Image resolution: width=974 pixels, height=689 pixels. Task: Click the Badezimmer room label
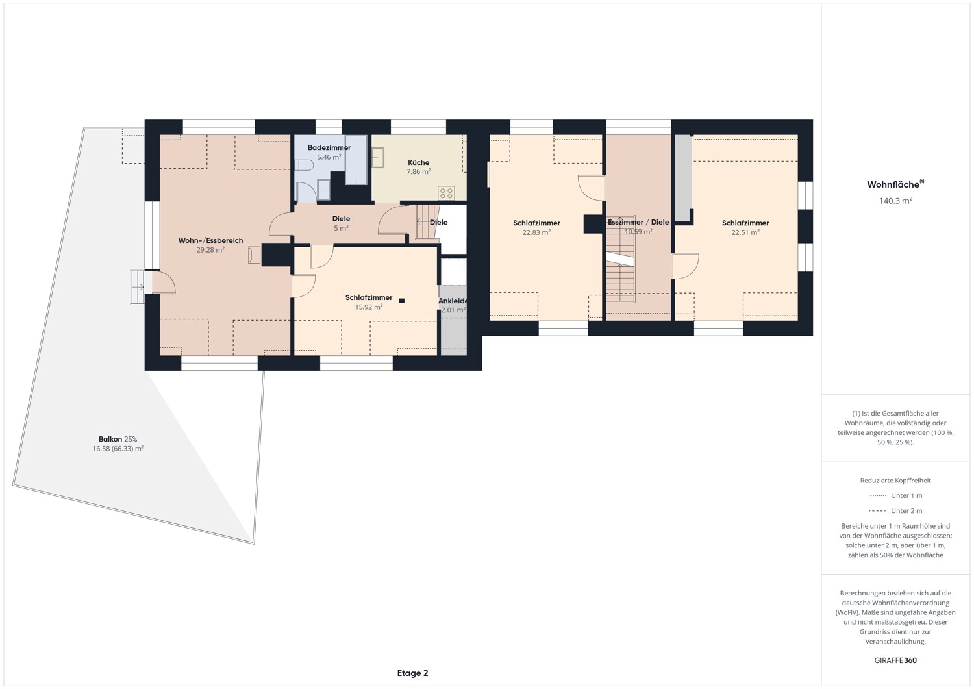coord(329,148)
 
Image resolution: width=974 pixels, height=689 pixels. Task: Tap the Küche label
coord(418,163)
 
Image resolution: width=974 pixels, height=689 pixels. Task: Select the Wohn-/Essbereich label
coord(210,240)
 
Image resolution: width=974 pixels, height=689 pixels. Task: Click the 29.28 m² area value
coord(210,249)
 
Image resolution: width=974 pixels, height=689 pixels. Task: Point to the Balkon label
coord(111,440)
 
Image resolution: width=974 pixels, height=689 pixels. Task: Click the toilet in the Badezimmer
coord(304,166)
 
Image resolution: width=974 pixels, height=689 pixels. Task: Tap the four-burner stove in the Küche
coord(446,193)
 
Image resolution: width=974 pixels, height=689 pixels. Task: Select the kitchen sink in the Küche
coord(378,157)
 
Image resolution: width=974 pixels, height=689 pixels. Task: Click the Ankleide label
coord(453,301)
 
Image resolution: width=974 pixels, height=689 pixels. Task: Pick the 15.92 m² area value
coord(369,307)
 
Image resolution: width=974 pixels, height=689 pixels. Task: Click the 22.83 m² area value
coord(536,232)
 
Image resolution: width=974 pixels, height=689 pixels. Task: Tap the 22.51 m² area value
coord(745,232)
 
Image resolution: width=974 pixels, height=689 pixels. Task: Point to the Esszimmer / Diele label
coord(638,222)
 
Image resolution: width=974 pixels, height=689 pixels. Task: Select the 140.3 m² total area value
coord(895,201)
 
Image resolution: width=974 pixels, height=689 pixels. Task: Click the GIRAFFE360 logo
coord(895,660)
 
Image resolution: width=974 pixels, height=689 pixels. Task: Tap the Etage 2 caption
coord(412,673)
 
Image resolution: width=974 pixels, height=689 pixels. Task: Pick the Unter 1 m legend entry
coord(895,495)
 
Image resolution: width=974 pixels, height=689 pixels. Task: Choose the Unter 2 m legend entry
coord(895,510)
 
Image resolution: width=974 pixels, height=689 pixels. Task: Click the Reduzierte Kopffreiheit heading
coord(895,481)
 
